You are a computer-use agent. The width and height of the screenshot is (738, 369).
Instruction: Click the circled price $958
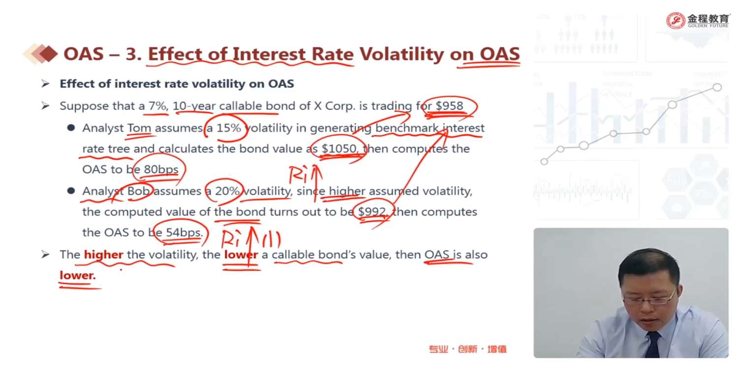click(x=449, y=106)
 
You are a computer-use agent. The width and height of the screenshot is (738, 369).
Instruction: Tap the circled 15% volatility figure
click(x=229, y=128)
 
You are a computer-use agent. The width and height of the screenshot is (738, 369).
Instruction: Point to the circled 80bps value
click(x=161, y=169)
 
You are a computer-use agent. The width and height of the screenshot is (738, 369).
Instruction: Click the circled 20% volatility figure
click(x=227, y=191)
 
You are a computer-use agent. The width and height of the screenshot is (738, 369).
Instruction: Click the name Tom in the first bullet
click(x=139, y=128)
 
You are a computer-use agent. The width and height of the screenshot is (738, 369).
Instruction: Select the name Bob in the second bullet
click(x=138, y=191)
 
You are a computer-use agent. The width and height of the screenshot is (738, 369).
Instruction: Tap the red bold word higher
click(x=103, y=255)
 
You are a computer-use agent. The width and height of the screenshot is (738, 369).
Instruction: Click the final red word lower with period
click(x=78, y=276)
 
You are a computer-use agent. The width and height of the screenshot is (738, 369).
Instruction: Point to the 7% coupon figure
click(x=157, y=106)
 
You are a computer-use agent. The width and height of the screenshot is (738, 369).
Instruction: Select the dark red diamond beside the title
click(x=49, y=53)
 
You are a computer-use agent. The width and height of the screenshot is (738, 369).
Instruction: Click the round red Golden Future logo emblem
click(x=676, y=21)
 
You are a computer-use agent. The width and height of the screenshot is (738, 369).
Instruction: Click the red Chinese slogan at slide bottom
click(x=468, y=349)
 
